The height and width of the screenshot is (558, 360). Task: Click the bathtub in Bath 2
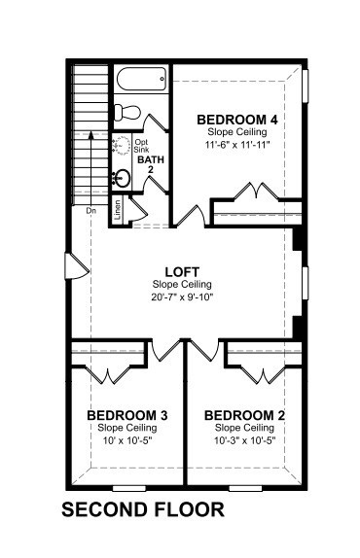(x=141, y=79)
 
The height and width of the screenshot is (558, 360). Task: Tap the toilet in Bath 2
(x=127, y=112)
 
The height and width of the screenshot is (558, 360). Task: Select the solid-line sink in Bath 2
(x=122, y=178)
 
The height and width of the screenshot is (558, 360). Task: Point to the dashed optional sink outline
(x=121, y=145)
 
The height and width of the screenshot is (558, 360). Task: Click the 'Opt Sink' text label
(x=141, y=146)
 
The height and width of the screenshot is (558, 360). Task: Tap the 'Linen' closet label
(x=118, y=209)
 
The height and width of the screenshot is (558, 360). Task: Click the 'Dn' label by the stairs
(x=91, y=211)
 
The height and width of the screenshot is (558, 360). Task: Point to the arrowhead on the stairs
(x=90, y=134)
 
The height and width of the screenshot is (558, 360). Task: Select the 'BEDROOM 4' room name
(x=237, y=120)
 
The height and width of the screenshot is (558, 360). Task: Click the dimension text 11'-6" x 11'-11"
(x=237, y=145)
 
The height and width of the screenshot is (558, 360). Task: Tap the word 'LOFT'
(x=182, y=272)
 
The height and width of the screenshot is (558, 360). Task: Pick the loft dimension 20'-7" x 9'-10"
(x=182, y=297)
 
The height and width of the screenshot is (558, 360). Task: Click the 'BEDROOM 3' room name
(x=127, y=415)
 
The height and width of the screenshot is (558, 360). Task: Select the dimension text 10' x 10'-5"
(x=127, y=440)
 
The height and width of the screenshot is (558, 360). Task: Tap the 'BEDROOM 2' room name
(x=244, y=415)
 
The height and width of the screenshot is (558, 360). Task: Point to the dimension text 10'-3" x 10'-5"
(x=245, y=440)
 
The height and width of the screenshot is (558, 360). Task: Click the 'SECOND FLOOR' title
(x=143, y=509)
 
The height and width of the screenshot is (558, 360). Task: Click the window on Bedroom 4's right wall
(x=306, y=87)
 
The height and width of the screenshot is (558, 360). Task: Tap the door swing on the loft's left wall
(x=77, y=265)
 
